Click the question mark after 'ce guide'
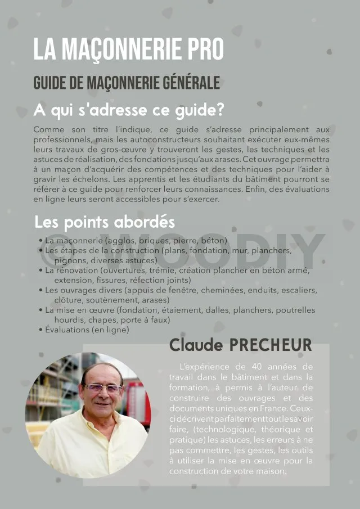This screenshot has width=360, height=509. (220, 109)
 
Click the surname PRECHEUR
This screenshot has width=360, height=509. (270, 345)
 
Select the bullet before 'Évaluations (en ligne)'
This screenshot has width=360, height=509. (41, 330)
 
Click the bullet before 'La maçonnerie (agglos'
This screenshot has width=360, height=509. (41, 241)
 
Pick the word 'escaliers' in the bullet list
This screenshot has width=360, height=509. (299, 290)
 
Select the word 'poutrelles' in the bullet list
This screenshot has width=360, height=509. (294, 310)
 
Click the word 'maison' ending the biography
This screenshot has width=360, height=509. (271, 471)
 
